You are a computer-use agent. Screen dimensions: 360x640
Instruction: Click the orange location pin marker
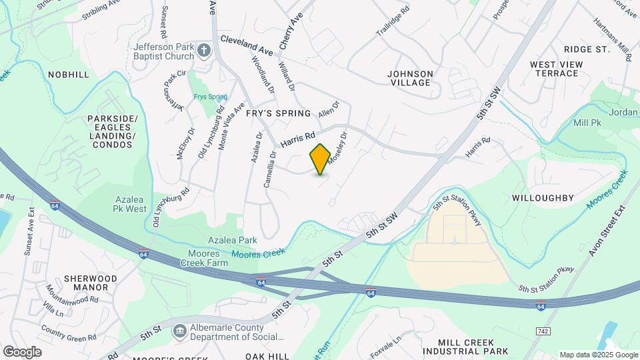(321, 159)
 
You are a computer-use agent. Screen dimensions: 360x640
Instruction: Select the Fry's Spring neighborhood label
(279, 113)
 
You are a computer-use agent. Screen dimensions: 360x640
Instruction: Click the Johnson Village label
(411, 78)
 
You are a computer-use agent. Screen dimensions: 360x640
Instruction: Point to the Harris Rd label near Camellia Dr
(297, 139)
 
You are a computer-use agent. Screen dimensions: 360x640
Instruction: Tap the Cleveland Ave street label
(247, 45)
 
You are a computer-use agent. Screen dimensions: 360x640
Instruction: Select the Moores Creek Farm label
(204, 258)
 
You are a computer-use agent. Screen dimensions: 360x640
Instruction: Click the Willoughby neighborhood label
(543, 198)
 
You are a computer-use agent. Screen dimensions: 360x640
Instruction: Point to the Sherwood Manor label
(91, 283)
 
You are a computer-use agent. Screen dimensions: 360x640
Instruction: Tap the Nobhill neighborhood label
(69, 75)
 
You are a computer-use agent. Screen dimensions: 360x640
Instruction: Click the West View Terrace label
(557, 69)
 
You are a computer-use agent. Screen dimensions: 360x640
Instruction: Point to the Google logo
(22, 351)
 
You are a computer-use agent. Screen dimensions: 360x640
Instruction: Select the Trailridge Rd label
(391, 23)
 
